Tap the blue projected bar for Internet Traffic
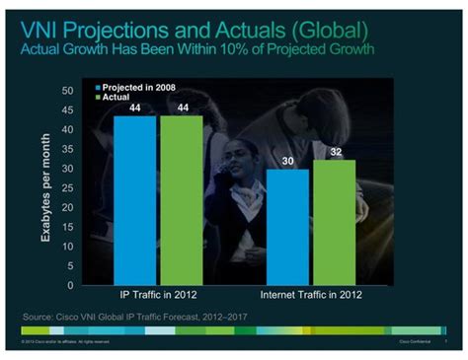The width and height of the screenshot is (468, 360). coord(287,227)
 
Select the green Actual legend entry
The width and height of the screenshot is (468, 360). coord(121,98)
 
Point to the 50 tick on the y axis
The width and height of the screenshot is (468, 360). coord(67,91)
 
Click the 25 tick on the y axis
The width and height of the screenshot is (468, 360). coord(67,188)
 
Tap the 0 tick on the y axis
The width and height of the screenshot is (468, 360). coord(70,285)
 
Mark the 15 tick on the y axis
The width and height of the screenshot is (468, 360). coord(67,227)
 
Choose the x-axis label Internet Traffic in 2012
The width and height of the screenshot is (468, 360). coord(311,295)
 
